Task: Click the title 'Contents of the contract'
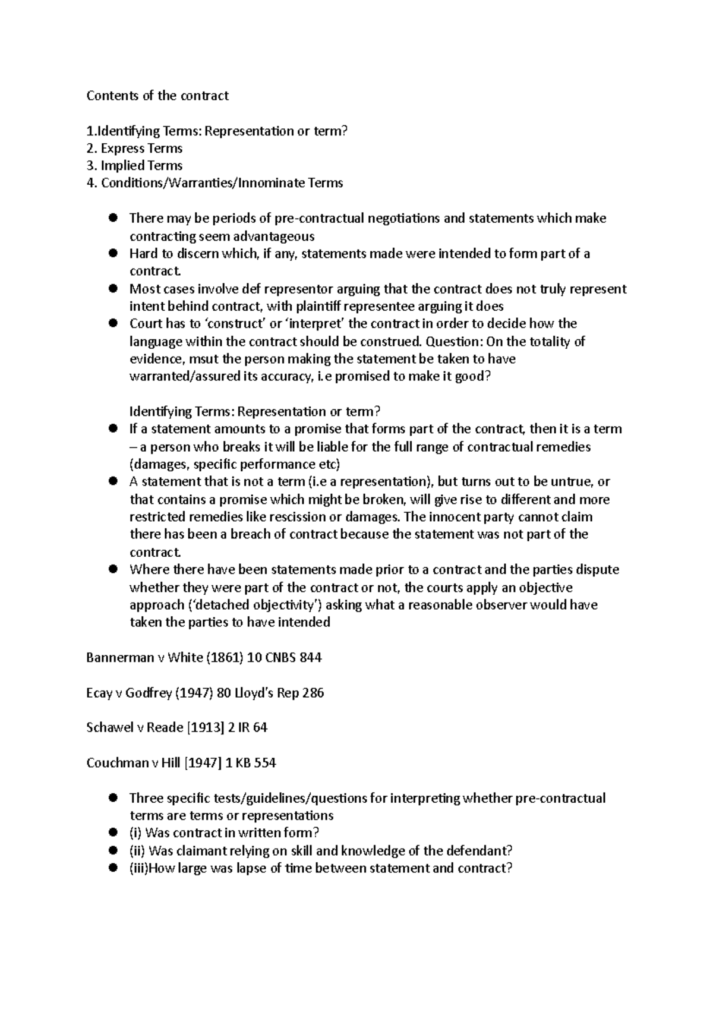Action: pyautogui.click(x=157, y=96)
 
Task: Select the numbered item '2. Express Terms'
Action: pyautogui.click(x=134, y=149)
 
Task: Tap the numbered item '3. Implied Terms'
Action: pyautogui.click(x=134, y=166)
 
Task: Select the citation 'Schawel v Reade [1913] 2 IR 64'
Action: pyautogui.click(x=176, y=728)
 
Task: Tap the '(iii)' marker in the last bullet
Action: pyautogui.click(x=138, y=868)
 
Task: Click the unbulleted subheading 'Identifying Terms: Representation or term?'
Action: pyautogui.click(x=254, y=412)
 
